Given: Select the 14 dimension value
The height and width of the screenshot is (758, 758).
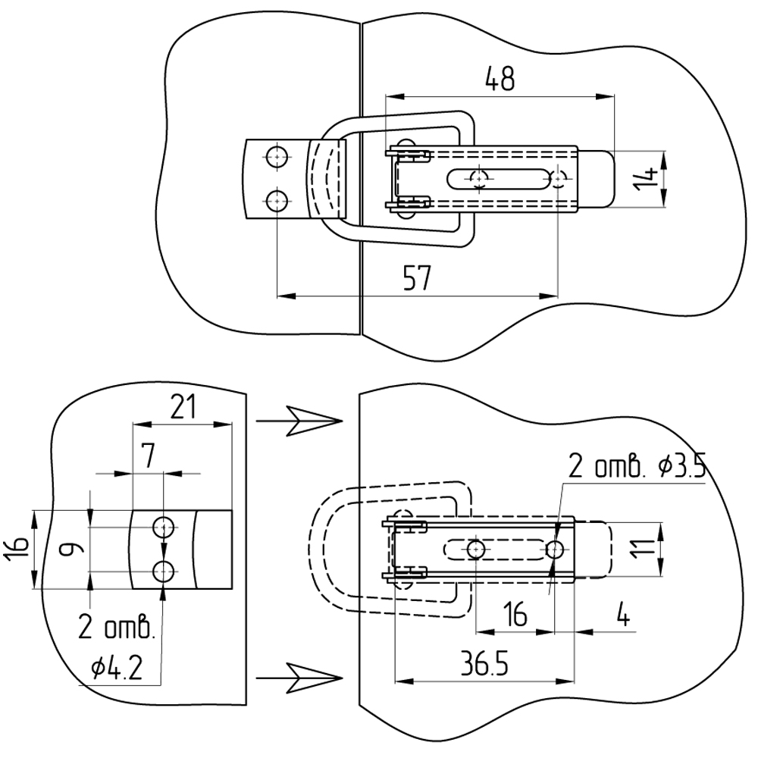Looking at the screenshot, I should [647, 179].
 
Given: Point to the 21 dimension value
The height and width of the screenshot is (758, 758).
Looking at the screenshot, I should [183, 407].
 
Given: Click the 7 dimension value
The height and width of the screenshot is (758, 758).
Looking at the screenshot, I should [147, 456].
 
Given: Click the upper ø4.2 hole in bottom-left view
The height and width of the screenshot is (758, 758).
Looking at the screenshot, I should [164, 526].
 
